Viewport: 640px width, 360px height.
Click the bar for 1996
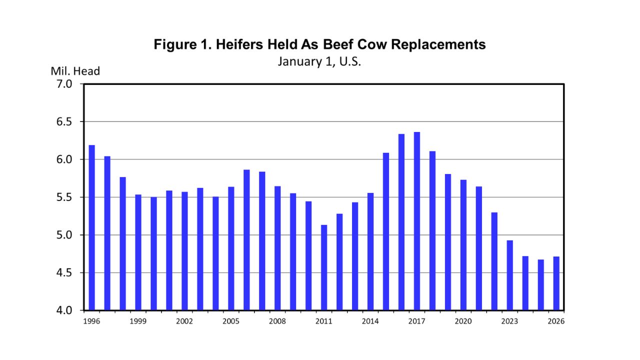coord(92,227)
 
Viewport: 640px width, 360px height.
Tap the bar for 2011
coord(324,267)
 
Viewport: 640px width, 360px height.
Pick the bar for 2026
coord(556,283)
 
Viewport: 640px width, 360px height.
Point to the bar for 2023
coord(510,275)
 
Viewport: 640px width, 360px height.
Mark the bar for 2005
coord(231,248)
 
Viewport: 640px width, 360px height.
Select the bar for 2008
coord(277,248)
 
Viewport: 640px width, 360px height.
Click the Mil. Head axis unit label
coord(75,71)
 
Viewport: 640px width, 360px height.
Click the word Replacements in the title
coord(438,44)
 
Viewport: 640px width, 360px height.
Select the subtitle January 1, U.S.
coord(319,61)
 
